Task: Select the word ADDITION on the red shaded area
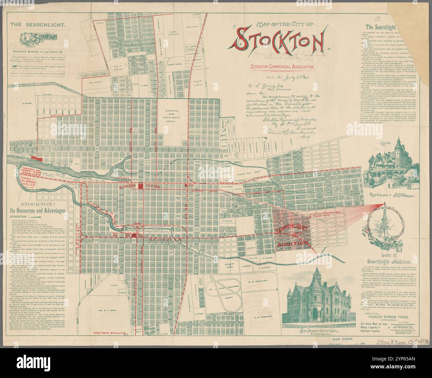[x=293, y=243]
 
